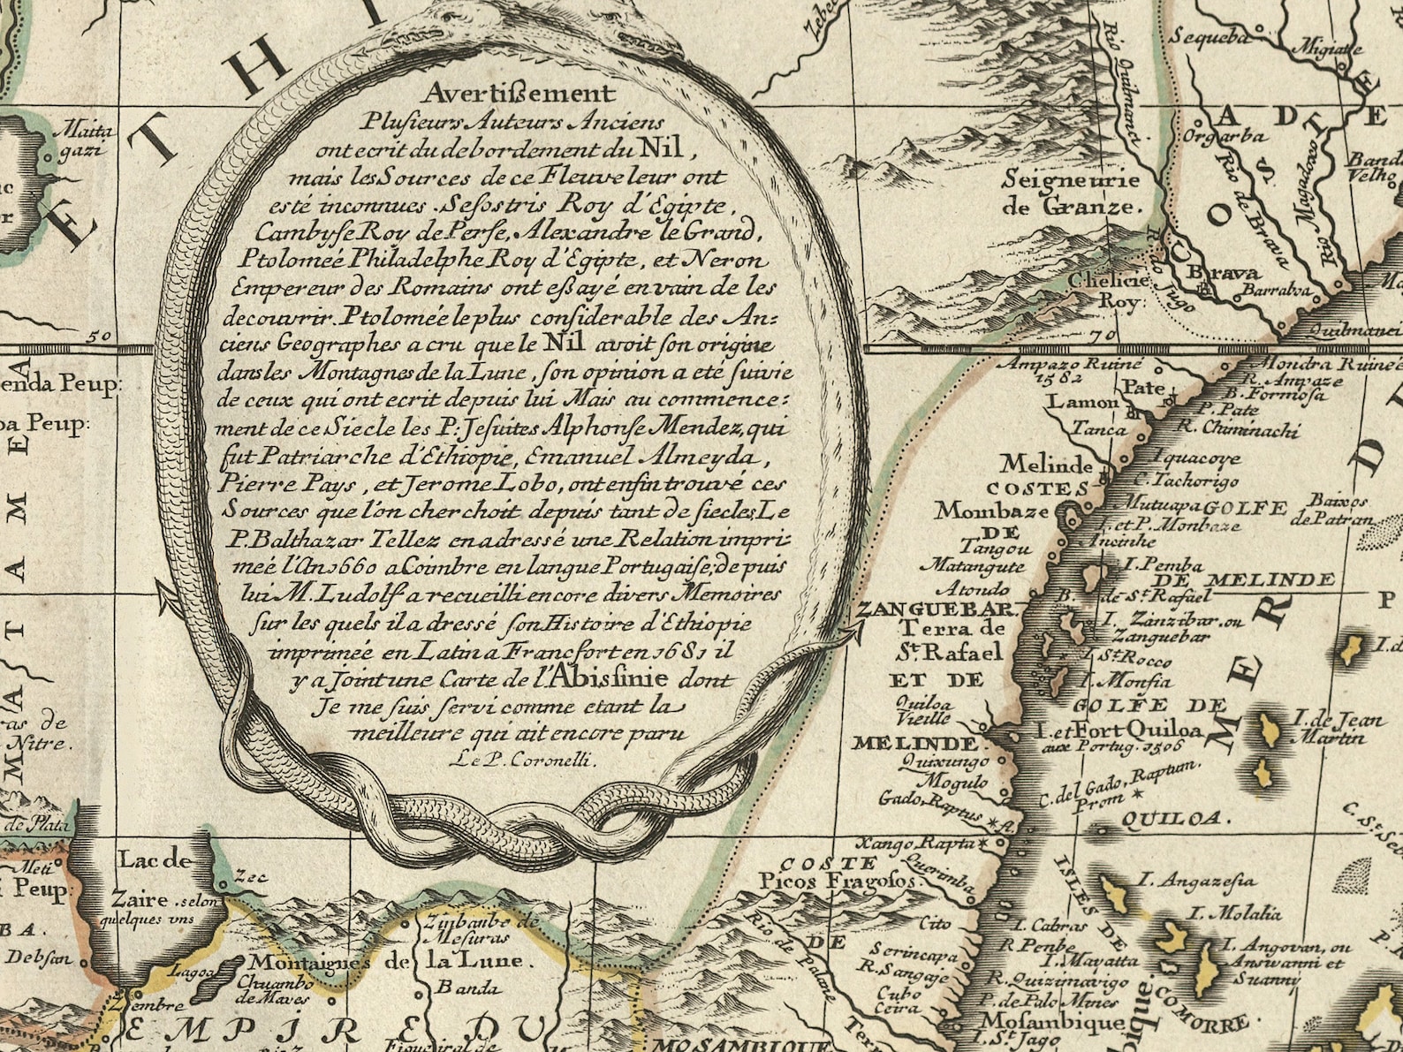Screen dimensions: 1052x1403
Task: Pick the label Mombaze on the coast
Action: (992, 511)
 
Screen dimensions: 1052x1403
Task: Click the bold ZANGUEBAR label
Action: (934, 609)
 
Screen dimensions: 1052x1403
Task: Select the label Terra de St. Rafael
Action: (950, 640)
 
